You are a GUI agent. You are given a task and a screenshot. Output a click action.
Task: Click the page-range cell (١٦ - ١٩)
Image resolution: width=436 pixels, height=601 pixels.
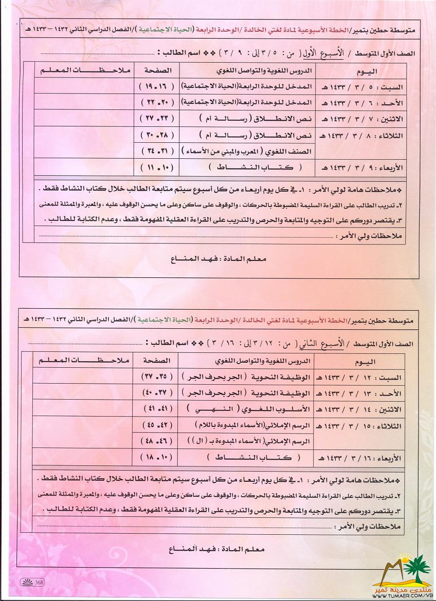click(156, 87)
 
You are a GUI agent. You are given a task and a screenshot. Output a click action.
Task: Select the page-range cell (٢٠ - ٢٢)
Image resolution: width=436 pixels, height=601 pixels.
click(156, 103)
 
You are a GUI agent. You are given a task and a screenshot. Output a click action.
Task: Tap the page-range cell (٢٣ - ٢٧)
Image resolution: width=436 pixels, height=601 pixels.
click(156, 118)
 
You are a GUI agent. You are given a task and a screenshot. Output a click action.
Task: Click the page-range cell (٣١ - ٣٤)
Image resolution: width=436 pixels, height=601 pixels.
click(156, 152)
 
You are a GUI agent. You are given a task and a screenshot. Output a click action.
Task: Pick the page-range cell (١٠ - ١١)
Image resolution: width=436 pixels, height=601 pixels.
click(156, 168)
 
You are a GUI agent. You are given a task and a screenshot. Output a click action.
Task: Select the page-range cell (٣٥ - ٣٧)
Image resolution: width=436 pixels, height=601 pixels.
click(156, 377)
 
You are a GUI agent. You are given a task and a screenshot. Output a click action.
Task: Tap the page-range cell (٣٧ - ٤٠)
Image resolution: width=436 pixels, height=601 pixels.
click(156, 393)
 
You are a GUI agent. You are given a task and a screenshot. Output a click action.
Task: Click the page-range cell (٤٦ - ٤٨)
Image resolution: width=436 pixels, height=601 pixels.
click(156, 441)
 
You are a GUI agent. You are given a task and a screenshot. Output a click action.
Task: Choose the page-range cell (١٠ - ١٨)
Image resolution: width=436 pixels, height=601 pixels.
click(156, 458)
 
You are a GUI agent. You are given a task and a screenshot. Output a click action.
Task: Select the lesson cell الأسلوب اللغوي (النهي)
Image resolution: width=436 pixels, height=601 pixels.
click(247, 409)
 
